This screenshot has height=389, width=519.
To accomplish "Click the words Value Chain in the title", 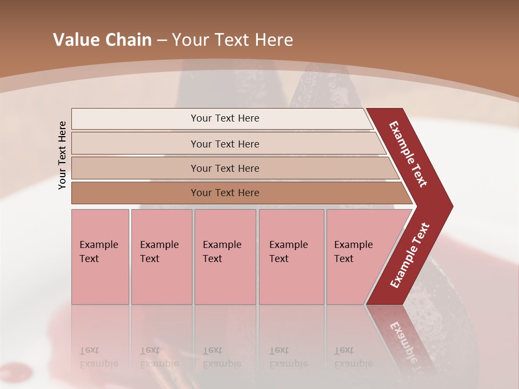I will [102, 40].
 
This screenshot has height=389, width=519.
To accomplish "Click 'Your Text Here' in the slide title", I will [232, 40].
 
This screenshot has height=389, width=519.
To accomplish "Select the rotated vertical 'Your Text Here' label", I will [62, 155].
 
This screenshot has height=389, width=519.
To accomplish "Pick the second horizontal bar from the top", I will [225, 144].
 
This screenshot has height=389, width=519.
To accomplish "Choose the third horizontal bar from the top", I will [225, 168].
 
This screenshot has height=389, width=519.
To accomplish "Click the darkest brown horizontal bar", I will [225, 193].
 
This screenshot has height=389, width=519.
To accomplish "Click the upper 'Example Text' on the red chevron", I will [408, 154].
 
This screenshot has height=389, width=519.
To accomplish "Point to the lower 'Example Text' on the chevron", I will [410, 255].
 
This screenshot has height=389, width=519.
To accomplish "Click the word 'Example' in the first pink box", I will [98, 245].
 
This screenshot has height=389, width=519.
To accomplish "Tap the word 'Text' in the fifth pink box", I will [343, 259].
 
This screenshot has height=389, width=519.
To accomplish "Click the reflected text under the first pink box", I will [98, 357].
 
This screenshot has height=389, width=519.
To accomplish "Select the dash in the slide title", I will [162, 40].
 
